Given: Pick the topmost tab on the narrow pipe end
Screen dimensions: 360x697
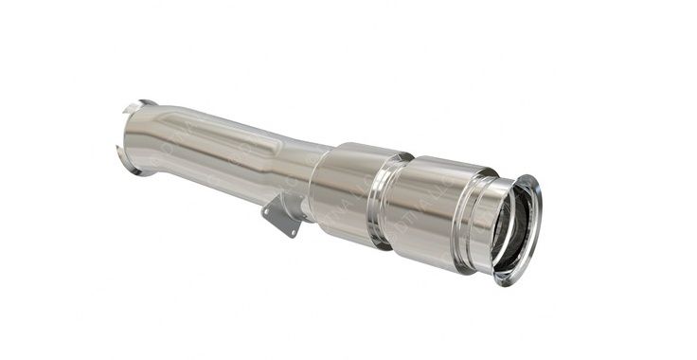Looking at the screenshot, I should click(x=142, y=102).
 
